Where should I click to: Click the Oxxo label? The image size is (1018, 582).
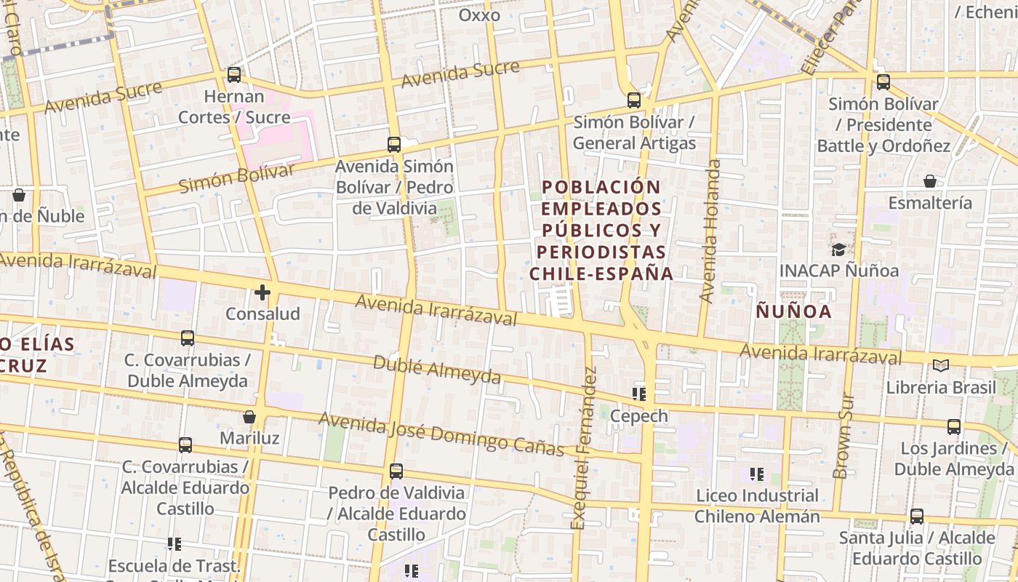pos(480,15)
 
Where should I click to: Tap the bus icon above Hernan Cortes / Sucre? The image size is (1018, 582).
pos(234,74)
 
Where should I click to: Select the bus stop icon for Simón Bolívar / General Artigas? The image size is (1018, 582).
pos(634,100)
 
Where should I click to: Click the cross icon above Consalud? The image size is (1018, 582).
pos(262,292)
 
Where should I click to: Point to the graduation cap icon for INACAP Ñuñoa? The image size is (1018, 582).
pos(838,250)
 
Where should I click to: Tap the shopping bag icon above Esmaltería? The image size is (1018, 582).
pos(930,181)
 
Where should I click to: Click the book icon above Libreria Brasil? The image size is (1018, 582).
pos(940,365)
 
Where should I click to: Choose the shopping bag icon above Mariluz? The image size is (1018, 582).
pos(249,417)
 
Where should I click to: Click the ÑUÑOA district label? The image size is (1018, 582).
pos(793,311)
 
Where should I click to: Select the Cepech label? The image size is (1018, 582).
pos(639,415)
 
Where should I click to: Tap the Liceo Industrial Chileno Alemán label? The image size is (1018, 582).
pos(757,506)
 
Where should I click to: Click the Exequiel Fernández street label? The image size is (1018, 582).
pos(584,448)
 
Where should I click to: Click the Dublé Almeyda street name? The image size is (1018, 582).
pos(437,370)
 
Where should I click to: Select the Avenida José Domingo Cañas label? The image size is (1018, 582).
pos(441,434)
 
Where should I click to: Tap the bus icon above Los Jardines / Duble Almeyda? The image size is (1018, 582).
pos(954,427)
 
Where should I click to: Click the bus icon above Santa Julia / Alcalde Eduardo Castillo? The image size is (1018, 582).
pos(917,517)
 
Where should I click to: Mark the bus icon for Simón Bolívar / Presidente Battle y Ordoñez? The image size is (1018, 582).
pos(883,82)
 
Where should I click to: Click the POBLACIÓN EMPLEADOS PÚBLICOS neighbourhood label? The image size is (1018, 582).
pos(602,230)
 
